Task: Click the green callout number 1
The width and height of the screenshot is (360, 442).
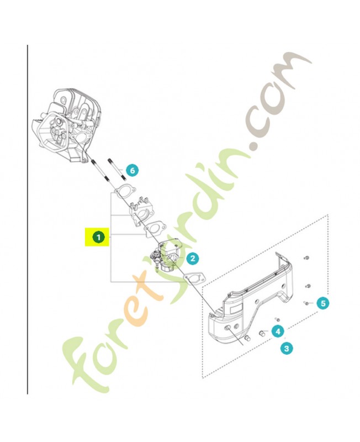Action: pos(98,237)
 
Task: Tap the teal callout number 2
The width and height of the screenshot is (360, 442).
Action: pos(192,257)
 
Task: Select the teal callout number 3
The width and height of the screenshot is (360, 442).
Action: pos(286,348)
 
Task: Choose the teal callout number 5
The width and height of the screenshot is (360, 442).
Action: pos(324,303)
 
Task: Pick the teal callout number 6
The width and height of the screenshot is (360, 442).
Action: pos(131,171)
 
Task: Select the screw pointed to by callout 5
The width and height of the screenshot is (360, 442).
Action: pos(305,303)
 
